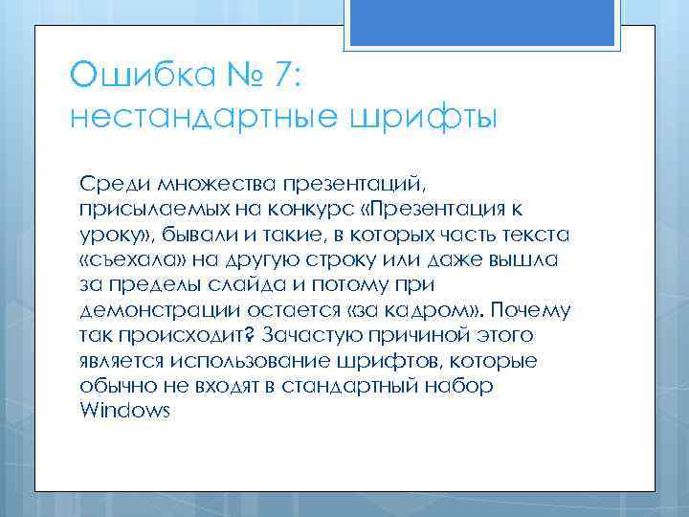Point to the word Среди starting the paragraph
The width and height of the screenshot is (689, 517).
106,183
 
